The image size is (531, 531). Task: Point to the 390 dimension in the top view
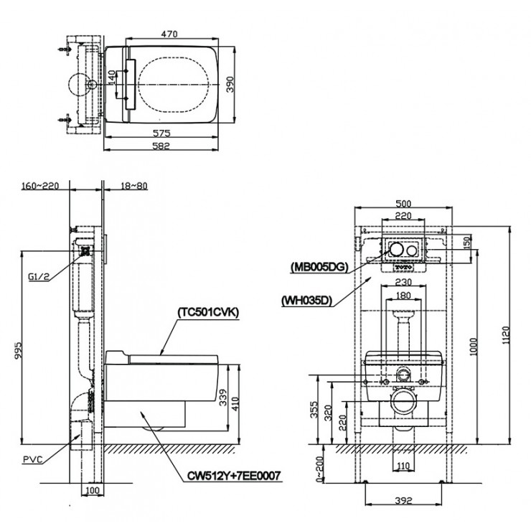point(230,85)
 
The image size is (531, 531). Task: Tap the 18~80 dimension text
point(134,185)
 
